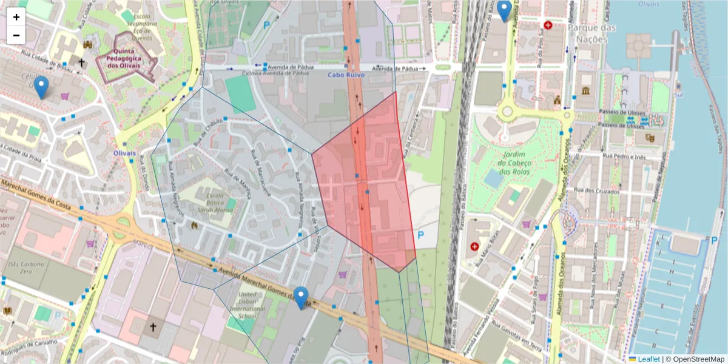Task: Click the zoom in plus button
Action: pyautogui.click(x=16, y=17)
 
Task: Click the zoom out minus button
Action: pyautogui.click(x=16, y=35)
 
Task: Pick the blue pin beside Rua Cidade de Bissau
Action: pyautogui.click(x=41, y=87)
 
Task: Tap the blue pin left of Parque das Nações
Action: pyautogui.click(x=504, y=10)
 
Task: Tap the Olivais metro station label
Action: pyautogui.click(x=124, y=153)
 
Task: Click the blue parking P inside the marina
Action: pyautogui.click(x=705, y=241)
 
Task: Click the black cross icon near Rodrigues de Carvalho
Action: pyautogui.click(x=153, y=328)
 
